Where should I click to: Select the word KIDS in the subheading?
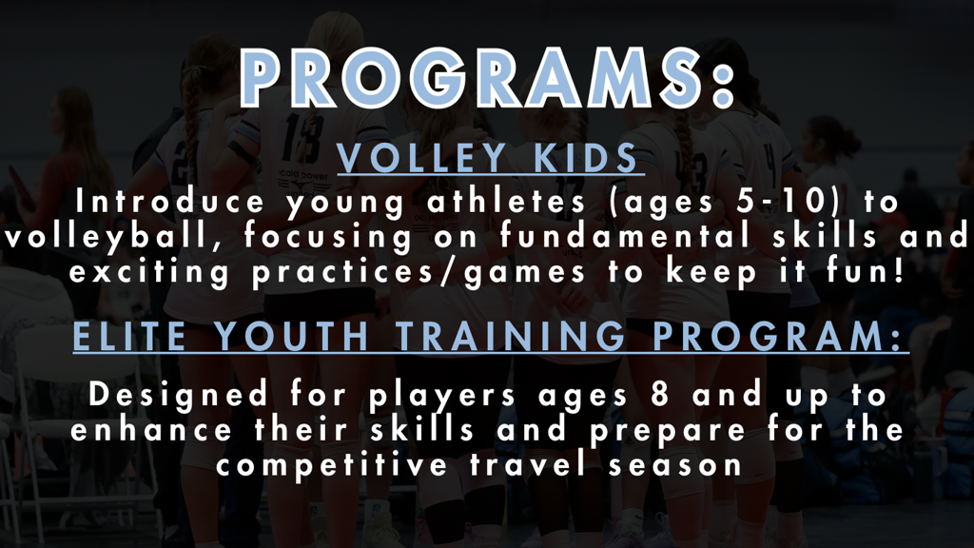coord(585,158)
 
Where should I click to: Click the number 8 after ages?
coord(660,395)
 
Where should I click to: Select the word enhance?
coord(151,430)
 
